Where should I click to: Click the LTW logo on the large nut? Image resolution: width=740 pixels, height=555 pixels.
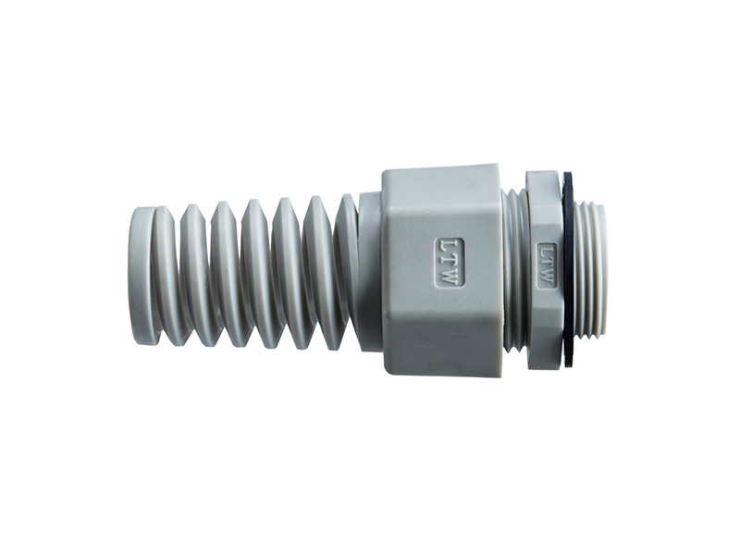tap(450, 262)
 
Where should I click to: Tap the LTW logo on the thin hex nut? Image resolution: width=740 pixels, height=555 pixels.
tap(547, 265)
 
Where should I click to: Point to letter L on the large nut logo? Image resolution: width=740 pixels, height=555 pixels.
tap(450, 247)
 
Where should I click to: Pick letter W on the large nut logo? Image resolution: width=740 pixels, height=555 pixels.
tap(450, 276)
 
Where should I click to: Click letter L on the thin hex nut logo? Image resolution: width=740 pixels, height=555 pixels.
tap(547, 252)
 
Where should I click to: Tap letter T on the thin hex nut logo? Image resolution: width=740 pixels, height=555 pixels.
tap(547, 264)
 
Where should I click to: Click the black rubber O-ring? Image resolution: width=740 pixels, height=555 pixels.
tap(568, 268)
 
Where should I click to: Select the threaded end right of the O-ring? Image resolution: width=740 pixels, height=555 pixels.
tap(591, 268)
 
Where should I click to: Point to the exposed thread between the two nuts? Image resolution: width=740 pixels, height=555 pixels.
tap(515, 268)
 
